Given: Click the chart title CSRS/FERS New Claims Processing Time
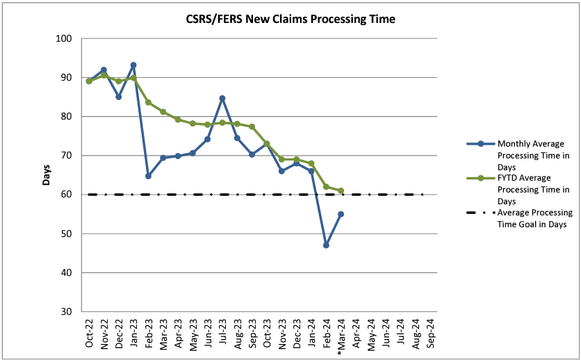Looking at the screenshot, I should tap(290, 19).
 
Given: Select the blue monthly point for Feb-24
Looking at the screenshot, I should tap(326, 245).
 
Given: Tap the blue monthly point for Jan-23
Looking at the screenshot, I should tap(133, 65).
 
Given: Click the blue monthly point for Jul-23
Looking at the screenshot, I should tap(222, 98).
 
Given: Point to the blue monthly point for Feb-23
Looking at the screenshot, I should tap(148, 176).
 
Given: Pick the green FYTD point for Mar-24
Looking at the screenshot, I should tap(341, 190).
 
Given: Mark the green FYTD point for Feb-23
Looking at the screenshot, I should tap(148, 102).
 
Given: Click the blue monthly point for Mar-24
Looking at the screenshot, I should tap(341, 214).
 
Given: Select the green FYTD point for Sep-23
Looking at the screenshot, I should tap(252, 126).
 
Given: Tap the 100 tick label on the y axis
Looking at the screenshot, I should tap(64, 38).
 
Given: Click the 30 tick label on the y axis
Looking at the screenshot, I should tap(67, 311).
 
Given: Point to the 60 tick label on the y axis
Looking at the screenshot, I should tap(67, 195).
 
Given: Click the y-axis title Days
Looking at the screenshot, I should tap(47, 175).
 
